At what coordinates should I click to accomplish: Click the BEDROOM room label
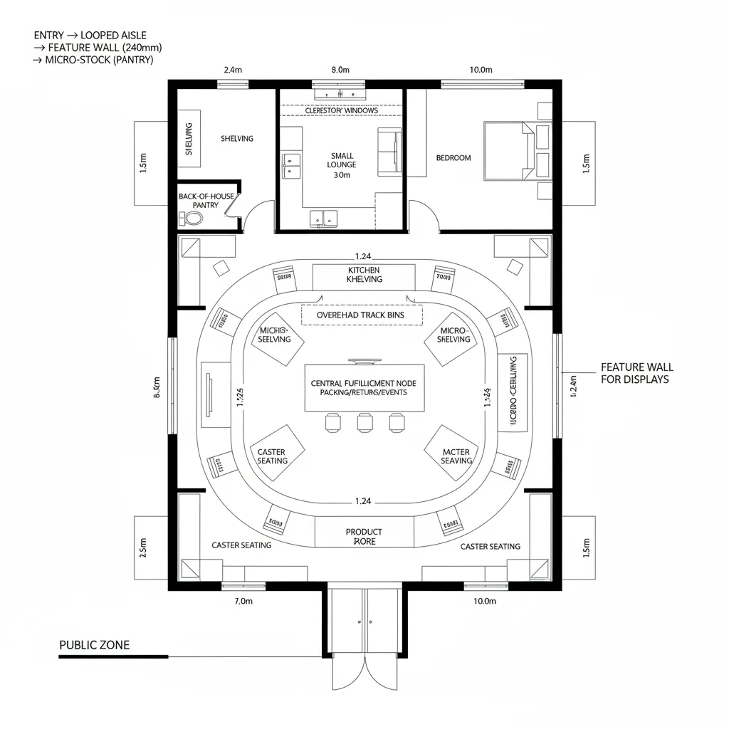coord(453,157)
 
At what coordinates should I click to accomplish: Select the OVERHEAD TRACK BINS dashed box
coord(362,315)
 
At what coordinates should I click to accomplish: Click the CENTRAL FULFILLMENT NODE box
coord(364,388)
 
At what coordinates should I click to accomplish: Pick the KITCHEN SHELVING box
coord(364,276)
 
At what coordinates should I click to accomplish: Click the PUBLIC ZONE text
coord(94,645)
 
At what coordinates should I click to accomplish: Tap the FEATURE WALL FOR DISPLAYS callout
coord(636,373)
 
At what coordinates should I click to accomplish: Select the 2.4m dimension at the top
coord(233,70)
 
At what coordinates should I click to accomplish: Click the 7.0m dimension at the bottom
coord(243,602)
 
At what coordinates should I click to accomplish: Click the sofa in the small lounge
coord(389,150)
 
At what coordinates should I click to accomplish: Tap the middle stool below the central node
coord(365,423)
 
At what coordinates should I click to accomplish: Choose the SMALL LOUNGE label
coord(342,164)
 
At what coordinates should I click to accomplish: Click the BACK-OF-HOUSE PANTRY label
coord(198,200)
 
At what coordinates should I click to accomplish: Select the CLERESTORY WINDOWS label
coord(341,110)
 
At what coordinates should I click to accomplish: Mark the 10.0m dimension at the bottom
coord(484,602)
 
